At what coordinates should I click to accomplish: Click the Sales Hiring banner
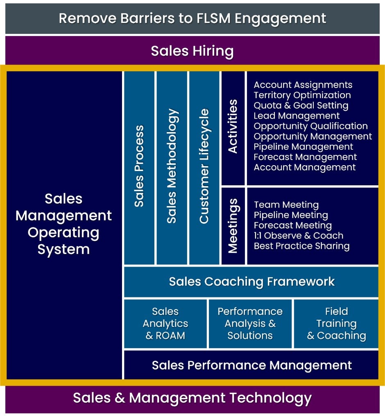click(192, 52)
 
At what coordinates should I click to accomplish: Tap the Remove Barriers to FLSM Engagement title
click(192, 18)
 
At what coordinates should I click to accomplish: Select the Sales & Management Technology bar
click(192, 398)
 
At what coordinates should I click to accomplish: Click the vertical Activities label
click(233, 126)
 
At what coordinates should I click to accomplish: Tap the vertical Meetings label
click(233, 225)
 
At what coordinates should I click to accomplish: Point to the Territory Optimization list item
click(302, 95)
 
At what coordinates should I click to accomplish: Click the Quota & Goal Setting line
click(301, 106)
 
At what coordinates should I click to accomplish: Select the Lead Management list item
click(297, 116)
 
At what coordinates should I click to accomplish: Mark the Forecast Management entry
click(305, 157)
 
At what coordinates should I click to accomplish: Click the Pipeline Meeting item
click(291, 215)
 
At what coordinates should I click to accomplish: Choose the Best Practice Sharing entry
click(301, 246)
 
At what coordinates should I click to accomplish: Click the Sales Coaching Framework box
click(251, 281)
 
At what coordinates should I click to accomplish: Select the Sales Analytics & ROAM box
click(165, 324)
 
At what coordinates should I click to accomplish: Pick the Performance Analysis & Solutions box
click(250, 324)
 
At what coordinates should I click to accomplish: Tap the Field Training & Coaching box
click(336, 324)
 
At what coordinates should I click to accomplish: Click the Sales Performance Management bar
click(251, 365)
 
